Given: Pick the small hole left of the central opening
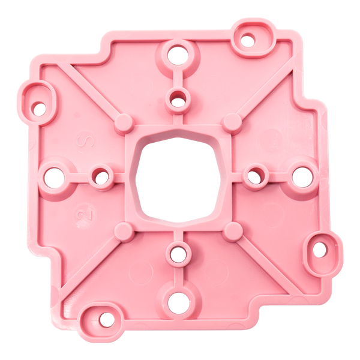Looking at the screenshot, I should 100,178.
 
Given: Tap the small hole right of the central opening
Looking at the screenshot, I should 255,177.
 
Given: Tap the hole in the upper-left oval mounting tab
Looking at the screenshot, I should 39,109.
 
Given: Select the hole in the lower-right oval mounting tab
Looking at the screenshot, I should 319,248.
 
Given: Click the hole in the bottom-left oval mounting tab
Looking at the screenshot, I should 106,319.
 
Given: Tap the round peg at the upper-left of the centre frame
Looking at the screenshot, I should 124,123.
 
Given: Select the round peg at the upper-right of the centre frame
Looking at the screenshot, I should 232,123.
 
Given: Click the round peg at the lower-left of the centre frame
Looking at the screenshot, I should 124,231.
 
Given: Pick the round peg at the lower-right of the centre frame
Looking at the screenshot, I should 232,231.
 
